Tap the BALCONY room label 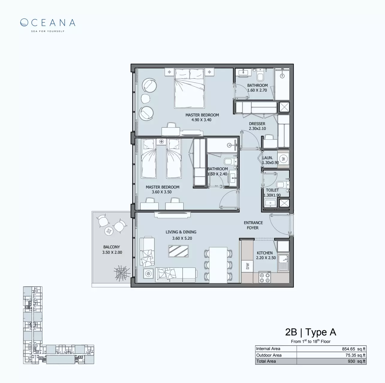pos(112,247)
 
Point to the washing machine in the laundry pos(283,159)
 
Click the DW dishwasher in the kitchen pos(247,266)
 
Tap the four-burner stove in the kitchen pos(264,277)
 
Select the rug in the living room pos(178,251)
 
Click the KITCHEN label pos(264,253)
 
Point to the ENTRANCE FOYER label pos(253,225)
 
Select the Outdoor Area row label pos(269,355)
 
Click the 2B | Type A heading pos(310,332)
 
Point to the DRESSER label pos(257,124)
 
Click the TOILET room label pos(272,190)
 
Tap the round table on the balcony pos(108,231)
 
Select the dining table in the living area pos(218,265)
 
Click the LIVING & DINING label pos(181,232)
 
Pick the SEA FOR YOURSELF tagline pos(48,31)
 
